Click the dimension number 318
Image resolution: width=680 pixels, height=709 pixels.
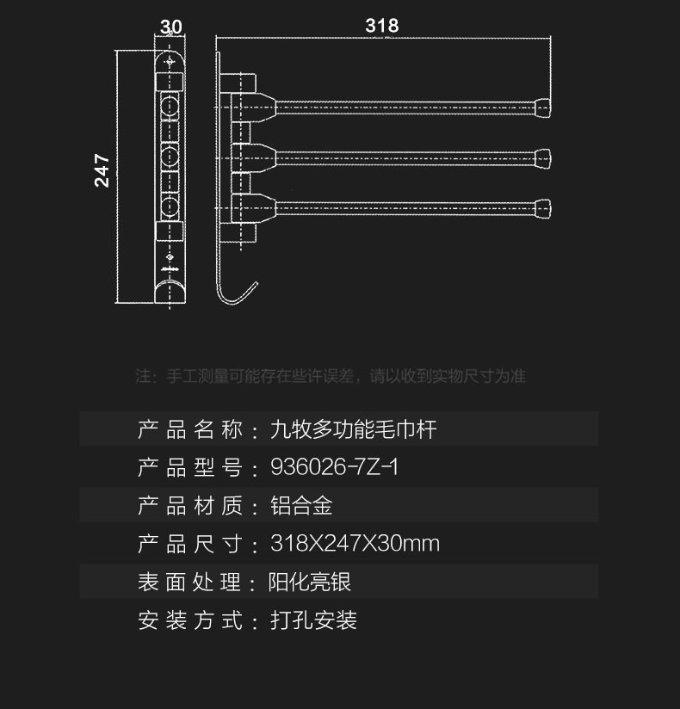click(x=381, y=26)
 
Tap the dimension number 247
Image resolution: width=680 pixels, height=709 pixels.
click(x=102, y=170)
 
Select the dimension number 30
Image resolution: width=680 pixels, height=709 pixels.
click(x=170, y=27)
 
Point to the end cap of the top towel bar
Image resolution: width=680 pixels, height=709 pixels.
click(x=543, y=108)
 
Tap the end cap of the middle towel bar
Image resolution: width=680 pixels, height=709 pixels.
click(x=543, y=157)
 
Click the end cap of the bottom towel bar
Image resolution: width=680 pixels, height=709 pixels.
click(x=543, y=207)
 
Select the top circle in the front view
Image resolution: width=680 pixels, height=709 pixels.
click(x=170, y=108)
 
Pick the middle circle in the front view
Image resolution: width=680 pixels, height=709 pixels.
click(x=170, y=157)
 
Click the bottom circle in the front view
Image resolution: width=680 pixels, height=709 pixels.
click(x=170, y=207)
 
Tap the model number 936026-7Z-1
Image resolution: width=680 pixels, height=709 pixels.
click(x=334, y=467)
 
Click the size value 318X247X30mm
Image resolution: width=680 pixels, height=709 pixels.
click(x=355, y=544)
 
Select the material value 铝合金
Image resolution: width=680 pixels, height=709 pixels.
click(x=301, y=506)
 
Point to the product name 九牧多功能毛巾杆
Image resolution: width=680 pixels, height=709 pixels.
click(x=354, y=428)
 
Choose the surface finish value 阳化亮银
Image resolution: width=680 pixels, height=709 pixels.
click(x=311, y=583)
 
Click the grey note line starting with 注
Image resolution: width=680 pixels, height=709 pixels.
click(x=331, y=376)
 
